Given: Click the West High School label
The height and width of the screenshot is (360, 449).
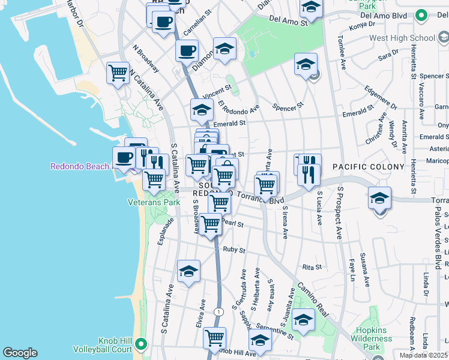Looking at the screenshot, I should click(402, 38).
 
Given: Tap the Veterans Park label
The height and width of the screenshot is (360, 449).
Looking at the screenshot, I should click(154, 203).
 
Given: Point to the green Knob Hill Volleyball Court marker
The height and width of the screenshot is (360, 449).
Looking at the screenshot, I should click(141, 344).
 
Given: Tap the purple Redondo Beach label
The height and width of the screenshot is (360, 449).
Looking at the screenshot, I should click(80, 166).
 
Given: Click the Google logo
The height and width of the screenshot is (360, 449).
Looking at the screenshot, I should click(20, 353).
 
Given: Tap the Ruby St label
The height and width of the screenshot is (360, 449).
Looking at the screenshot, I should click(234, 249).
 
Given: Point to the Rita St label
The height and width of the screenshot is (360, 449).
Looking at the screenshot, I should click(312, 267).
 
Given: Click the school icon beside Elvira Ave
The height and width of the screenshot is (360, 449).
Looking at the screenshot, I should click(188, 271).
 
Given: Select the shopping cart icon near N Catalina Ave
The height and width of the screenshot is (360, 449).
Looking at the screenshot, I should click(118, 73).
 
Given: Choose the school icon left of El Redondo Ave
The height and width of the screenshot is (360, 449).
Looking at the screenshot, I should click(202, 110).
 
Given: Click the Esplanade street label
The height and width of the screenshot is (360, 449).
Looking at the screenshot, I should click(166, 231).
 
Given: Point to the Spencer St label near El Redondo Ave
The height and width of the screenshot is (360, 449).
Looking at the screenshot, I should click(285, 108).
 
